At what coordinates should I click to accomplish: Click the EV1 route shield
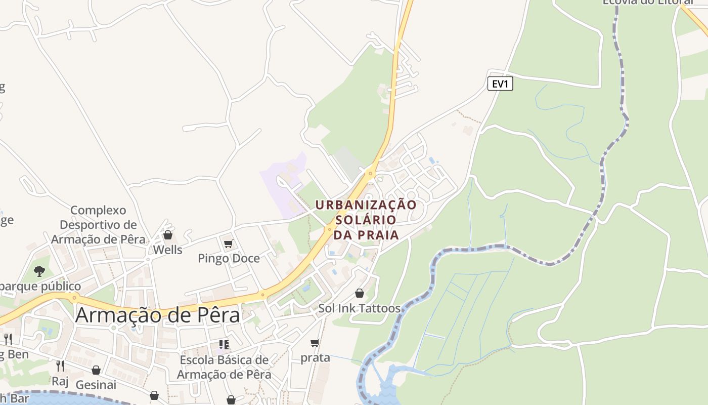tap(500, 84)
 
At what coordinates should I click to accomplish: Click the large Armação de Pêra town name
tap(157, 315)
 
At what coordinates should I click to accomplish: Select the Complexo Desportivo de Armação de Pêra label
tap(98, 225)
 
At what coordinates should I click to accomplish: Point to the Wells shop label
tap(167, 250)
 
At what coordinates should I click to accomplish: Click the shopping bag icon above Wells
tap(168, 235)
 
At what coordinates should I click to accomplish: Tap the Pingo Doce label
tap(229, 258)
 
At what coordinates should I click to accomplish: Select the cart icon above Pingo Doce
tap(229, 244)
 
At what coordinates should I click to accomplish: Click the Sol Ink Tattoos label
tap(359, 308)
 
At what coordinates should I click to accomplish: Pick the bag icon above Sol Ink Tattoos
tap(359, 293)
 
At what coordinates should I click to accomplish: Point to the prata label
tap(315, 357)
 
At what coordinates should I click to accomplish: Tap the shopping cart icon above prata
tap(315, 343)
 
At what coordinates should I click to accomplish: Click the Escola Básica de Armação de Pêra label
tap(224, 368)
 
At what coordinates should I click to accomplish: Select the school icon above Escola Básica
tap(224, 345)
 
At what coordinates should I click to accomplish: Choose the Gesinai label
tap(96, 385)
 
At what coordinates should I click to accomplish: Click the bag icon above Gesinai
tap(96, 370)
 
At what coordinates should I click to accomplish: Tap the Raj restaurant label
tap(60, 381)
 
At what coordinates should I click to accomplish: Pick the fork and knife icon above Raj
tap(60, 366)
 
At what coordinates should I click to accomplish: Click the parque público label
tap(40, 287)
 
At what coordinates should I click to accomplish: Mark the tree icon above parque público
tap(39, 271)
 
